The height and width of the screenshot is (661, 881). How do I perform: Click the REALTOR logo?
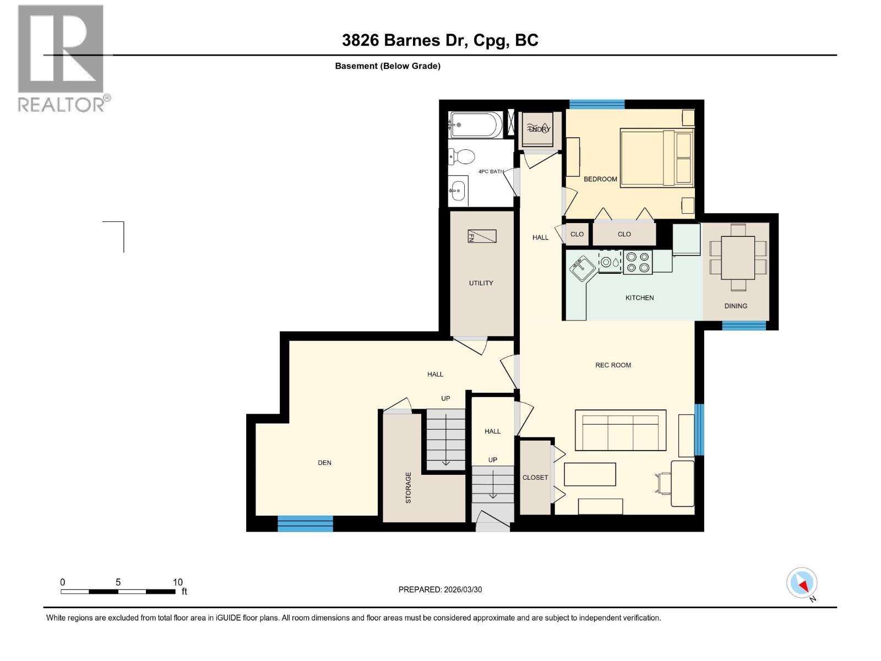pos(62,58)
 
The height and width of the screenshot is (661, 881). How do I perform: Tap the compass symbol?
pos(802,583)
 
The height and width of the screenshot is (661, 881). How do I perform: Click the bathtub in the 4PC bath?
pos(475,125)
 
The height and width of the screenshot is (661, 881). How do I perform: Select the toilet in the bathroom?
pos(463,157)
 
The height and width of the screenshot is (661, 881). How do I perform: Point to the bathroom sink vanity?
pos(458,191)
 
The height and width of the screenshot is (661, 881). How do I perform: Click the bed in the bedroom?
pos(656,158)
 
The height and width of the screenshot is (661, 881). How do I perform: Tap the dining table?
pos(738,258)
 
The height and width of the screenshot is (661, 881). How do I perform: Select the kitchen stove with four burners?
pos(638,262)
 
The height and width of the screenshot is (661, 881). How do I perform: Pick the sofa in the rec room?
pos(620,430)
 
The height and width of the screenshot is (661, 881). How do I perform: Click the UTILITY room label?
pos(481,283)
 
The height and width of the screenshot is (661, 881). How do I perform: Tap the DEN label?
pos(324,463)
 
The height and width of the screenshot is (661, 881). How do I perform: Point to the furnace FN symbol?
pos(482,236)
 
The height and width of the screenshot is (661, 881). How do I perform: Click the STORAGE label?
pos(409,487)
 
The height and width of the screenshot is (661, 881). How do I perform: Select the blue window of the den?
pos(305,523)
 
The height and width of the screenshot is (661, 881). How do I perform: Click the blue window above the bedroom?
pos(597,104)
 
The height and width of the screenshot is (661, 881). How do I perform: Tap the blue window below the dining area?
pos(743,326)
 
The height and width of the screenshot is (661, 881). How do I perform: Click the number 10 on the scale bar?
pos(177,582)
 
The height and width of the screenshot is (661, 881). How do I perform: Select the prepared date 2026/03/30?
pos(461,589)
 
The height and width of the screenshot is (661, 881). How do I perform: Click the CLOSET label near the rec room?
pos(535,478)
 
